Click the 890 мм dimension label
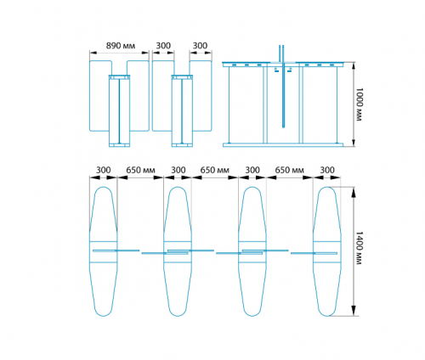[121, 46]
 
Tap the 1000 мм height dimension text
[359, 104]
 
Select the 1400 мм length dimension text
[359, 248]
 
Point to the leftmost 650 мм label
[140, 170]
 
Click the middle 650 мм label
[215, 170]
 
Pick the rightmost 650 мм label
[289, 170]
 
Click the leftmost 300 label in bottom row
[104, 170]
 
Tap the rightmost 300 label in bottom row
[327, 170]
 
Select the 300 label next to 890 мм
[163, 46]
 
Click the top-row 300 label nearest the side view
[200, 46]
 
